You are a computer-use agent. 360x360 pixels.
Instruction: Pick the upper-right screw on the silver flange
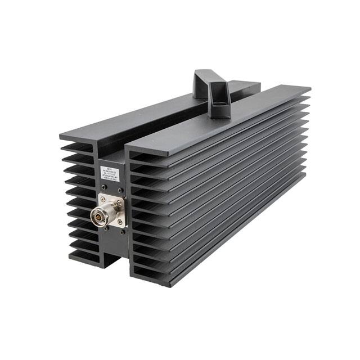[x=119, y=202]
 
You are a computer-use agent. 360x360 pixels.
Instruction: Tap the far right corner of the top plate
[x=310, y=89]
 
